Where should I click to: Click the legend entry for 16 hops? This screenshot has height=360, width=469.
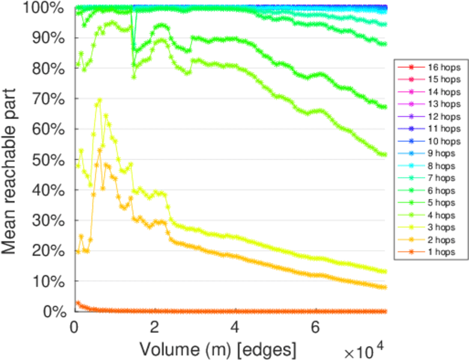[x=441, y=67]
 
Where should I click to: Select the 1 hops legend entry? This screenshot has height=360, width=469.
[x=441, y=252]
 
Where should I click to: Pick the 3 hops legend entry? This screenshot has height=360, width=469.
[x=441, y=227]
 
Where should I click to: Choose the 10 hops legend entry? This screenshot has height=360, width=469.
[x=441, y=141]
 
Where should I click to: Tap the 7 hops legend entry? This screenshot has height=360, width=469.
[x=441, y=178]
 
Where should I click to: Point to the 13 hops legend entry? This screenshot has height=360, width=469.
[x=441, y=104]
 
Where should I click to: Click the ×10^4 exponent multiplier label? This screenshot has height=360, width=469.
[x=364, y=349]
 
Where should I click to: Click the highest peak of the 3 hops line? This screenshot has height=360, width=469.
[x=99, y=100]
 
